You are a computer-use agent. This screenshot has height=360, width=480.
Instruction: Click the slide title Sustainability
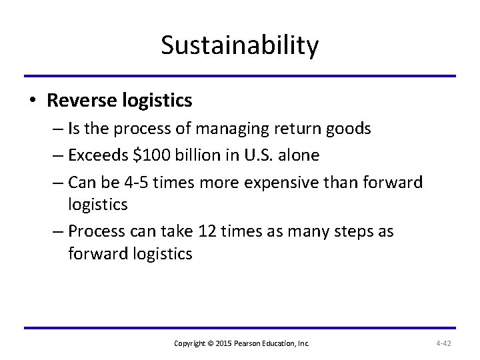[x=240, y=46]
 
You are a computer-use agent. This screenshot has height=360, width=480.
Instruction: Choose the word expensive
[x=295, y=181]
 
